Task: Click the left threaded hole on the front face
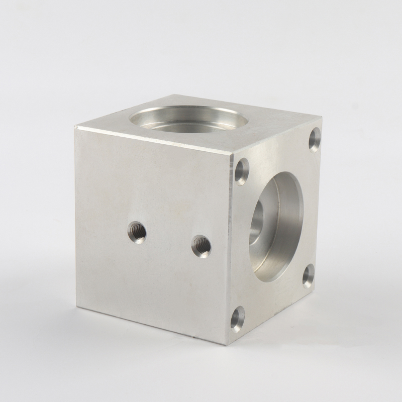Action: [x=137, y=232]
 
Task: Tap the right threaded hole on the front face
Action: [x=202, y=246]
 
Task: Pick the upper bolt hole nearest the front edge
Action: [x=242, y=171]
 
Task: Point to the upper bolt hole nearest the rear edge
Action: [x=315, y=139]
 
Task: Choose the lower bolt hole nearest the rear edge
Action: [x=309, y=275]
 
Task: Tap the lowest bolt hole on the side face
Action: [x=237, y=319]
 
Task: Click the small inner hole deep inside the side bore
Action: [x=256, y=221]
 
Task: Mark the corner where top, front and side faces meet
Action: [x=233, y=153]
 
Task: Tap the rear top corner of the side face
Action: [x=322, y=117]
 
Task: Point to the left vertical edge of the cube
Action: [x=76, y=216]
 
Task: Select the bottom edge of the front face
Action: [x=151, y=325]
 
